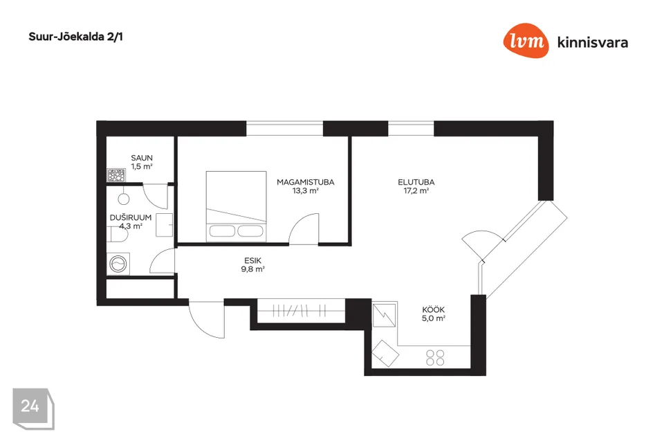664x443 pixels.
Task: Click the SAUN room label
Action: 141,158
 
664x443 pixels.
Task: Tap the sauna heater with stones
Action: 116,174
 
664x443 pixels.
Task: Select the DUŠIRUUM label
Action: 131,217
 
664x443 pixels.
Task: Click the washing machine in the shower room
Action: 118,264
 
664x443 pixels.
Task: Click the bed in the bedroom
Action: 237,206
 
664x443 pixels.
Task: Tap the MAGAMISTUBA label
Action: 305,182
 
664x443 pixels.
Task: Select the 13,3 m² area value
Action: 305,191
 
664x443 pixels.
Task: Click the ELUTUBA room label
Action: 416,182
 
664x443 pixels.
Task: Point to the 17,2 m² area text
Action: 416,191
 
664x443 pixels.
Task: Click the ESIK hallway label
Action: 253,260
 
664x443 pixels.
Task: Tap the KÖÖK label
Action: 433,309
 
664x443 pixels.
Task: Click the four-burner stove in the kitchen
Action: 435,357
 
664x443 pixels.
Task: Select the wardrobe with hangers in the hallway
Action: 301,311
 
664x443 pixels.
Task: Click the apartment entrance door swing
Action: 207,319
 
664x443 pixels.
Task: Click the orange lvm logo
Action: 526,40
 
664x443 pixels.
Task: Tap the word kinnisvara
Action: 593,42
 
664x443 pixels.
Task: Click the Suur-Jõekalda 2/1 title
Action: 76,37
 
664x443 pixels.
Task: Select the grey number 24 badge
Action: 33,408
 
